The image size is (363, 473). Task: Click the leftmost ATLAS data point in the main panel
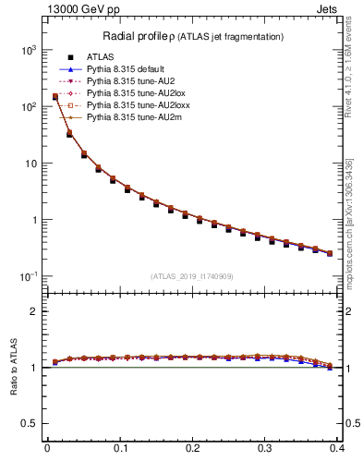54,97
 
